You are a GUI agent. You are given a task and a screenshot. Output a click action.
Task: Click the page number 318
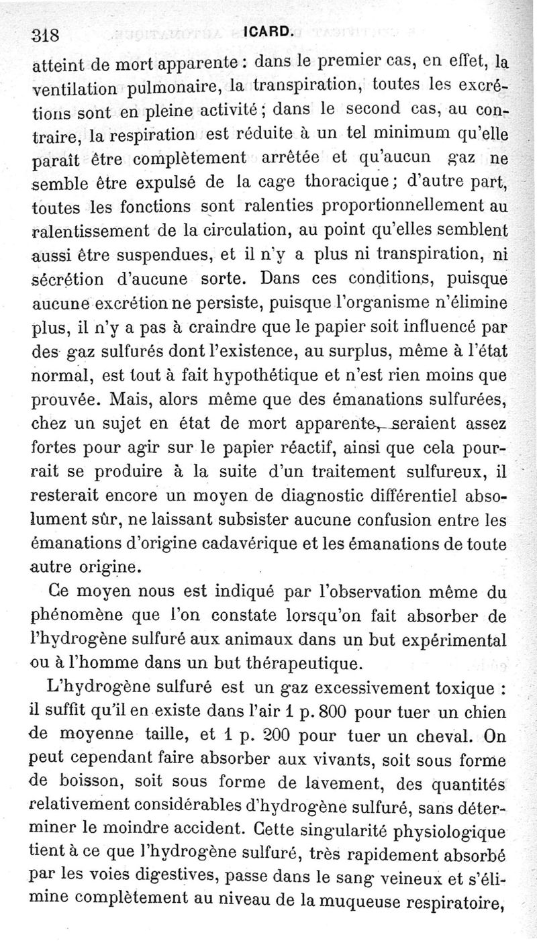click(46, 34)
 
